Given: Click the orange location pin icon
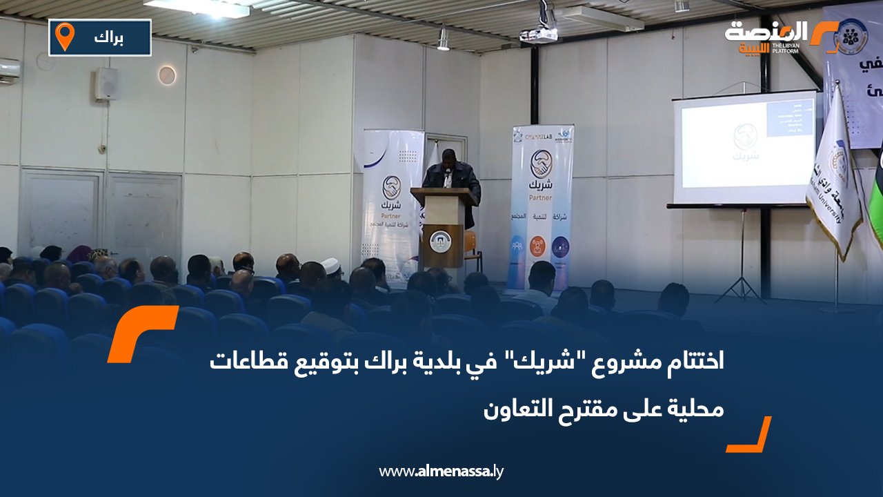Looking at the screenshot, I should click(x=65, y=37).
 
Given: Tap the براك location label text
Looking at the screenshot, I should click(x=109, y=38).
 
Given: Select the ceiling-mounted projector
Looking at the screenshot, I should click(x=539, y=33).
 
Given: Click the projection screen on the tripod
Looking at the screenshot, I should click(x=744, y=148).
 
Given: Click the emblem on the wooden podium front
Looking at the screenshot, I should click(x=439, y=241).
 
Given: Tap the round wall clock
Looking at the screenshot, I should click(x=167, y=75).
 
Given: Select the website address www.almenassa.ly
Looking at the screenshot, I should click(x=441, y=472).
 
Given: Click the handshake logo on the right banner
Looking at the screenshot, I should click(x=542, y=164).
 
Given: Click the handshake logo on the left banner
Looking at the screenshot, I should click(x=392, y=186).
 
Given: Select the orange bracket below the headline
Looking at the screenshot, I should click(x=750, y=436).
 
